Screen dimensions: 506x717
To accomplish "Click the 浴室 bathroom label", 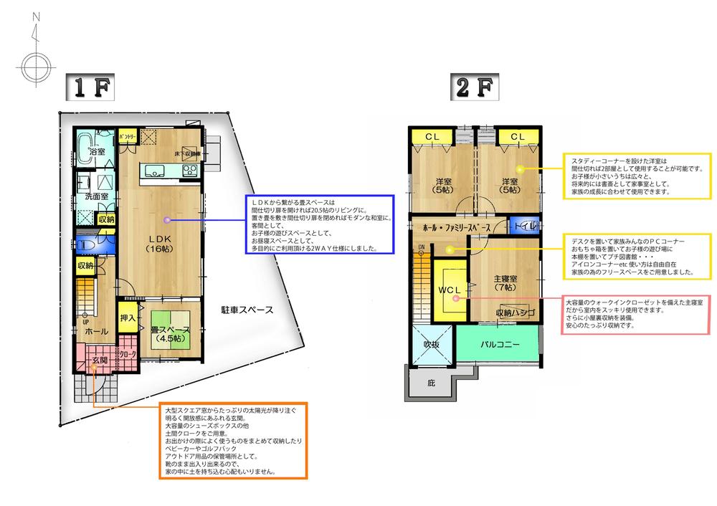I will [x=96, y=152].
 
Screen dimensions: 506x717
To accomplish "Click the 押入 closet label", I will [x=128, y=318].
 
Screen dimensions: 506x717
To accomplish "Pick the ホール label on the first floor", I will [x=97, y=333].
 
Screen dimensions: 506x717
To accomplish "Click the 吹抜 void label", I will [x=430, y=343].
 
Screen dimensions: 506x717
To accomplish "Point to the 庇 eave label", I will [x=431, y=384].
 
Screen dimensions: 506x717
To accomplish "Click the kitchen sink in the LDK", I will [x=155, y=170].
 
